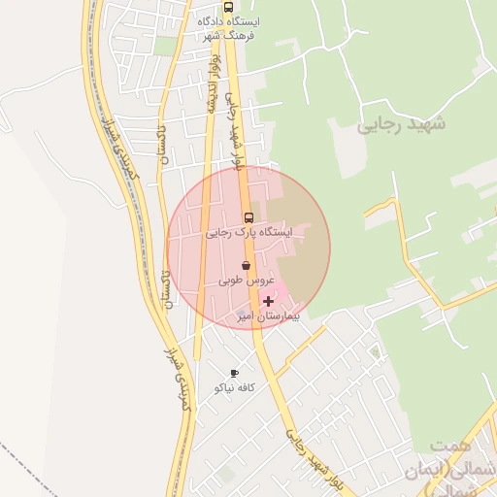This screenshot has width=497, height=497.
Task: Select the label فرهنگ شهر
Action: tap(226, 36)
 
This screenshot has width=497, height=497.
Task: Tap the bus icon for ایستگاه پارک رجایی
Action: tap(248, 217)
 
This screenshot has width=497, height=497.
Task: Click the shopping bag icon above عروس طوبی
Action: tap(247, 264)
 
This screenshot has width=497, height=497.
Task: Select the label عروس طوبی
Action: tap(243, 280)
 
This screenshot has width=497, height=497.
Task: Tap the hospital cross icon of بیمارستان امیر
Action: tap(268, 302)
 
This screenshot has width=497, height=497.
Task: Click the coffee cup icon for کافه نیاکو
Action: tap(234, 373)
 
